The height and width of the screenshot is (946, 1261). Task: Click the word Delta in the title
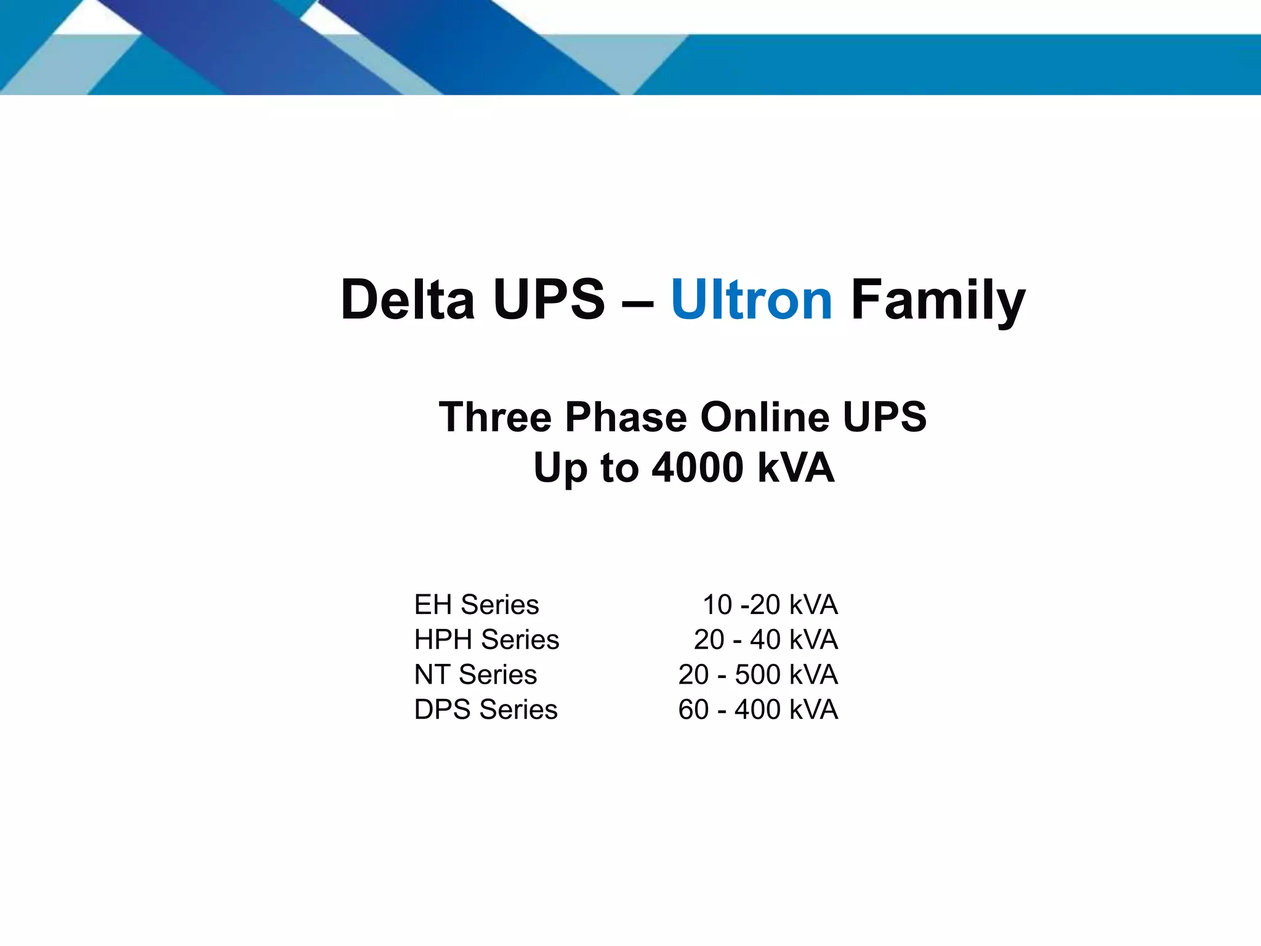(x=408, y=300)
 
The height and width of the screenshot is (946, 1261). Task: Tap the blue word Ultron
(x=751, y=300)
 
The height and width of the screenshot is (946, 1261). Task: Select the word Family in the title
(x=938, y=301)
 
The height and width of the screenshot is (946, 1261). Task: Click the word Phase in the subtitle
(x=626, y=417)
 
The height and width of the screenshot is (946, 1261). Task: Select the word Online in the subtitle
(x=765, y=417)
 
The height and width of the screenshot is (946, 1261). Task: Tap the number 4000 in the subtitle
(x=698, y=467)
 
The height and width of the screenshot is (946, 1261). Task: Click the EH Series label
(x=477, y=605)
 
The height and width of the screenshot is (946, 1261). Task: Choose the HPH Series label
(x=486, y=640)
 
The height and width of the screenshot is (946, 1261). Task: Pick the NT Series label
(x=475, y=674)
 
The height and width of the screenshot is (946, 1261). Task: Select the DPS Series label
(x=486, y=709)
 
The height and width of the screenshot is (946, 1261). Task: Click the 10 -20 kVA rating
(x=770, y=605)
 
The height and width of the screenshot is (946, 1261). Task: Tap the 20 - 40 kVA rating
(x=765, y=640)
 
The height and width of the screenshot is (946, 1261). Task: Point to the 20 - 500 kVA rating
(x=758, y=674)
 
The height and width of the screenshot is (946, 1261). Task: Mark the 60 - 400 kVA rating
(x=758, y=709)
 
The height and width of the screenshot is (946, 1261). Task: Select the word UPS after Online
(x=884, y=417)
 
